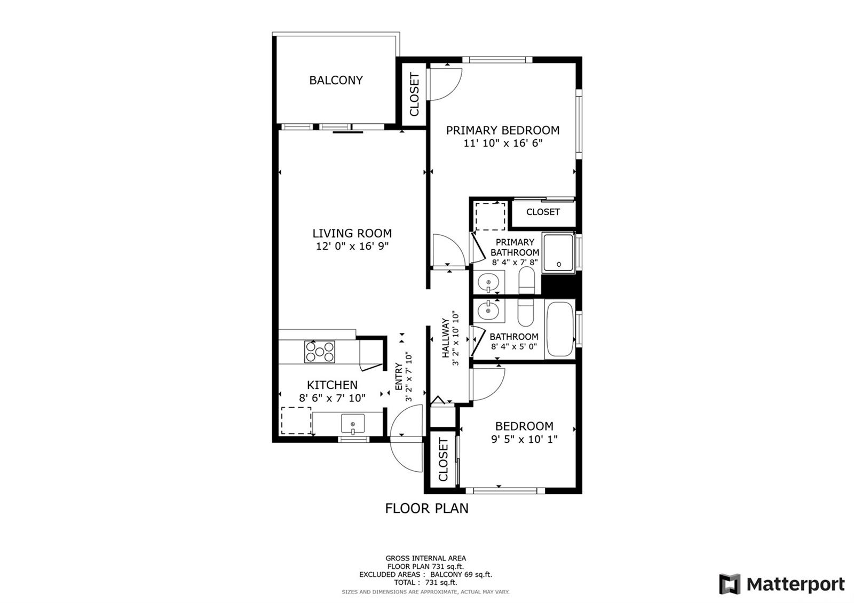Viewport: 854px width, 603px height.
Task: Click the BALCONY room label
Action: tap(336, 80)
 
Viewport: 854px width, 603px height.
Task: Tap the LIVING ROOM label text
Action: tap(352, 233)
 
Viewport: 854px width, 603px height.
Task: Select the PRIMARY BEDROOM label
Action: tap(503, 130)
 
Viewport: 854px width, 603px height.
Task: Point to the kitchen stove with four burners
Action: tap(320, 352)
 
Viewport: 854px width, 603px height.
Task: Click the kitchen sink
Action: tap(353, 424)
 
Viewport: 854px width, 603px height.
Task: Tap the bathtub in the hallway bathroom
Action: tap(560, 329)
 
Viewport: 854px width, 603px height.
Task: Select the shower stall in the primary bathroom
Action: tap(558, 253)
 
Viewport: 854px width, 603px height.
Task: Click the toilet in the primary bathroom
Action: tap(527, 280)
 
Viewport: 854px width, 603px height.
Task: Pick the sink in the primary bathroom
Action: tap(488, 283)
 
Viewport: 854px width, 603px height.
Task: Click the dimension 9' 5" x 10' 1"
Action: tap(524, 440)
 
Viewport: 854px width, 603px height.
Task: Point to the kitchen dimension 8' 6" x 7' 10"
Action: tap(332, 398)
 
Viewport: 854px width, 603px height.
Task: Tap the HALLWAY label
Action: tap(445, 338)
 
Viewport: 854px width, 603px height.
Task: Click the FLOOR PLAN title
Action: tap(426, 508)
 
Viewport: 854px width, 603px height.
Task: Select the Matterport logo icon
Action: tap(730, 584)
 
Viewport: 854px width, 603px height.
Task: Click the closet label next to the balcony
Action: tap(414, 94)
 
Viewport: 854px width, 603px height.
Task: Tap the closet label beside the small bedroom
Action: tap(443, 459)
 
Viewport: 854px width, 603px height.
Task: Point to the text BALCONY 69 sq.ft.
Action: tap(461, 574)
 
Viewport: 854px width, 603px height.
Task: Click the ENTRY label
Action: tap(399, 377)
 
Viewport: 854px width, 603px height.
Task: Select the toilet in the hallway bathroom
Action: tap(526, 313)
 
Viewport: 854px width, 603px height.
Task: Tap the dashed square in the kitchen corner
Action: tap(296, 420)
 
